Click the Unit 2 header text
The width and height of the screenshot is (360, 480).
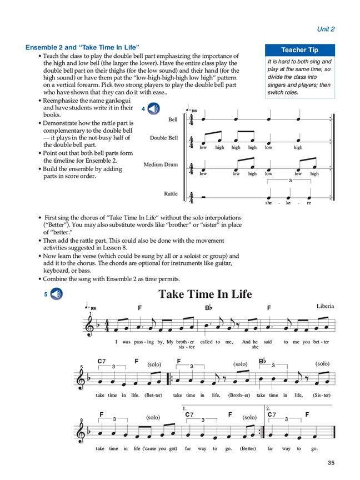click(326, 29)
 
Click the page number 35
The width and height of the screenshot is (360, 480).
click(331, 463)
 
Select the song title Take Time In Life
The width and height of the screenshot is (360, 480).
click(205, 294)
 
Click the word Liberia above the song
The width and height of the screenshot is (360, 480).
click(326, 307)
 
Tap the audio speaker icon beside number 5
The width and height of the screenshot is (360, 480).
click(57, 294)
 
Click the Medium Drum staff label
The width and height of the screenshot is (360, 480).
click(161, 164)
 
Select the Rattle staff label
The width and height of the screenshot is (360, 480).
click(171, 193)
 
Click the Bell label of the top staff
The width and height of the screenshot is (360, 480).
click(172, 119)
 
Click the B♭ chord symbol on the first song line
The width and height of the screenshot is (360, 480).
click(208, 307)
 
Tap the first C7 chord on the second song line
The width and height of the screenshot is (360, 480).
click(101, 361)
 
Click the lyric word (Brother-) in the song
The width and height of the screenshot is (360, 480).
click(239, 395)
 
